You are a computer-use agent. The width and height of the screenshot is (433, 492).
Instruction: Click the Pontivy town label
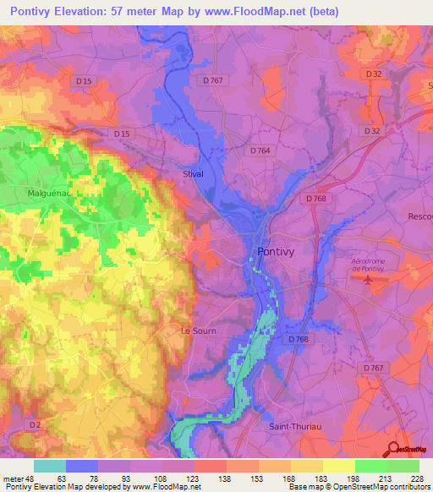point(276,253)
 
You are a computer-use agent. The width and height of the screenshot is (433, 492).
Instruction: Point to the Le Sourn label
point(200,331)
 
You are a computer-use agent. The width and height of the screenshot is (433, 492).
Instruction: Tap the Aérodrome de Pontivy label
point(368,265)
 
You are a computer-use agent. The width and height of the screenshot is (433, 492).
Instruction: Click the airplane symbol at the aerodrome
point(365,281)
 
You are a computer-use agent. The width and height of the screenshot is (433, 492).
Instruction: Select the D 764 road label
point(260,150)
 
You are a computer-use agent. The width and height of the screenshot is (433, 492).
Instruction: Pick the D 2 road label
point(34,424)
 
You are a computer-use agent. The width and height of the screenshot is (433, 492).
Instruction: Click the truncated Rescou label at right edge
point(419,216)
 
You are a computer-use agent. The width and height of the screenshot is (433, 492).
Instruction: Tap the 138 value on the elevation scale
point(226,478)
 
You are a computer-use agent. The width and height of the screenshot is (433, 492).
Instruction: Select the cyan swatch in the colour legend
point(50,466)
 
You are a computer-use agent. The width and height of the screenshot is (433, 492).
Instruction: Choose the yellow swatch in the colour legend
point(338,466)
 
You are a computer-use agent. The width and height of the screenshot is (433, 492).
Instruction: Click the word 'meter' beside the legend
point(14,478)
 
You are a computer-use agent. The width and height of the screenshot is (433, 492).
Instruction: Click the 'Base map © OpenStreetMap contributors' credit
point(359,487)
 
